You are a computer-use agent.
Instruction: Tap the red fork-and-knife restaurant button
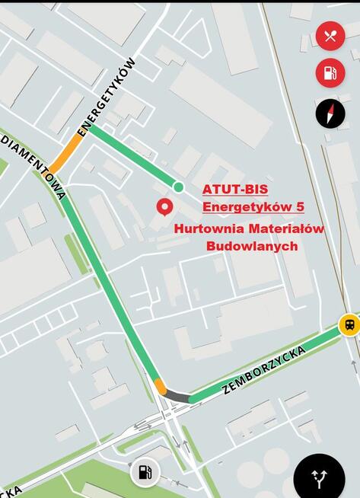[330, 36]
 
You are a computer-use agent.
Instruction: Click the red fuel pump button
[330, 73]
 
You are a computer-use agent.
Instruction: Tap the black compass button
[330, 113]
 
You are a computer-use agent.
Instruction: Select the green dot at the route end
[178, 187]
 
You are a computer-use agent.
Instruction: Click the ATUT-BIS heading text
[235, 189]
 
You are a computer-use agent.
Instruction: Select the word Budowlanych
[252, 246]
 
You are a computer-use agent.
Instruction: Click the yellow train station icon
[349, 324]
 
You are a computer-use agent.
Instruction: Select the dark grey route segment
[177, 396]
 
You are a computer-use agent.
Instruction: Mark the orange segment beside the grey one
[160, 386]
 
